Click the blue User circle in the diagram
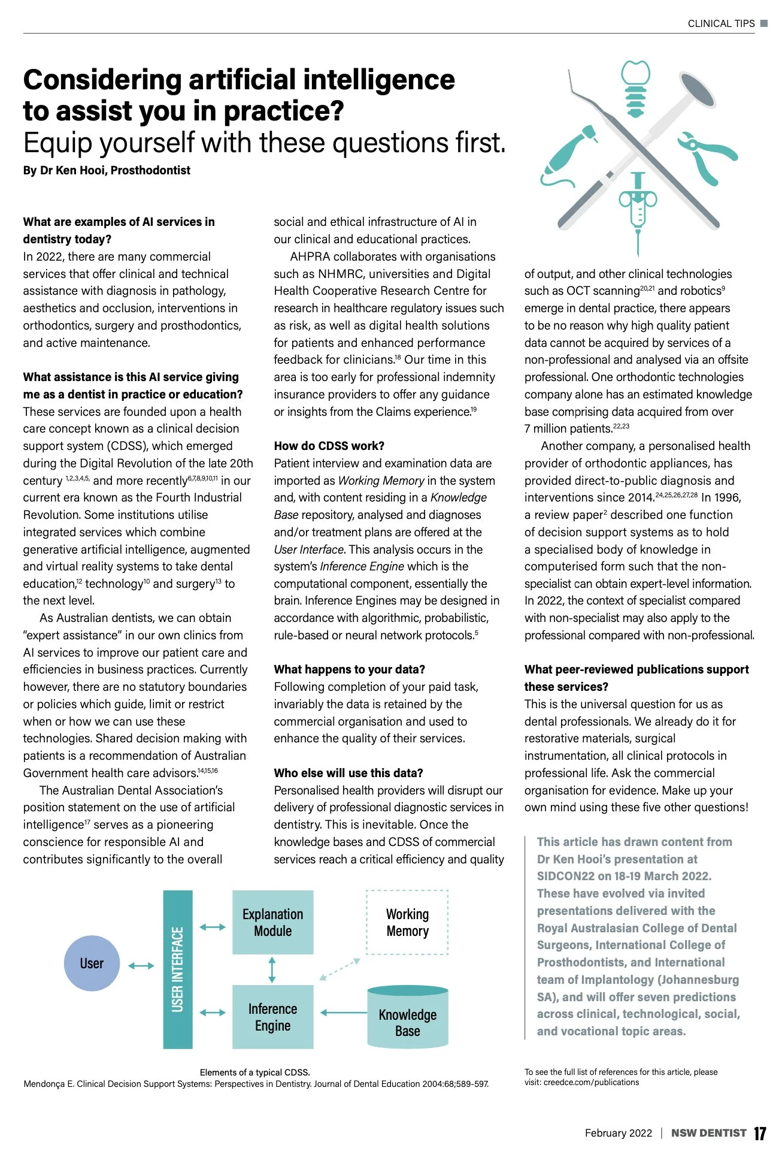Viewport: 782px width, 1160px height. (92, 963)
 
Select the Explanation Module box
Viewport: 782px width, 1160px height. (272, 922)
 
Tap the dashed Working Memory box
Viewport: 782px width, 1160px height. (407, 922)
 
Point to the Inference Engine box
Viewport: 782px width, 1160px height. (272, 1017)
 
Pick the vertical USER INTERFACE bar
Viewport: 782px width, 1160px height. (178, 969)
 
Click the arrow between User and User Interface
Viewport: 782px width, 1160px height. (141, 965)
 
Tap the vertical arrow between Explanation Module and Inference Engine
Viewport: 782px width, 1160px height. (272, 969)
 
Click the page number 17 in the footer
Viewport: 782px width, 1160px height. (760, 1133)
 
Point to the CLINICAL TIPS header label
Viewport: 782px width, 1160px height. (721, 24)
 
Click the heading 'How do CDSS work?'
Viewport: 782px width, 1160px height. (329, 446)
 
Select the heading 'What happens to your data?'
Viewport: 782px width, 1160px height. (349, 669)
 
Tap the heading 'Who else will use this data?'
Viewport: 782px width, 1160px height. (348, 773)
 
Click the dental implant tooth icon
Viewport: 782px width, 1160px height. (635, 87)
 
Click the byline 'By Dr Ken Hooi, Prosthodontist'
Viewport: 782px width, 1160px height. (107, 170)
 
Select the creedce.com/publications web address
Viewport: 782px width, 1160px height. (591, 1082)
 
